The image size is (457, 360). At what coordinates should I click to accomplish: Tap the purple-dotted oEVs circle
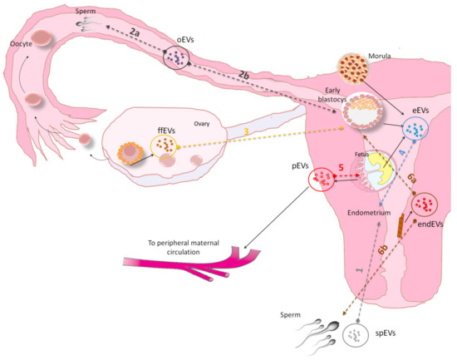pyautogui.click(x=175, y=58)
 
